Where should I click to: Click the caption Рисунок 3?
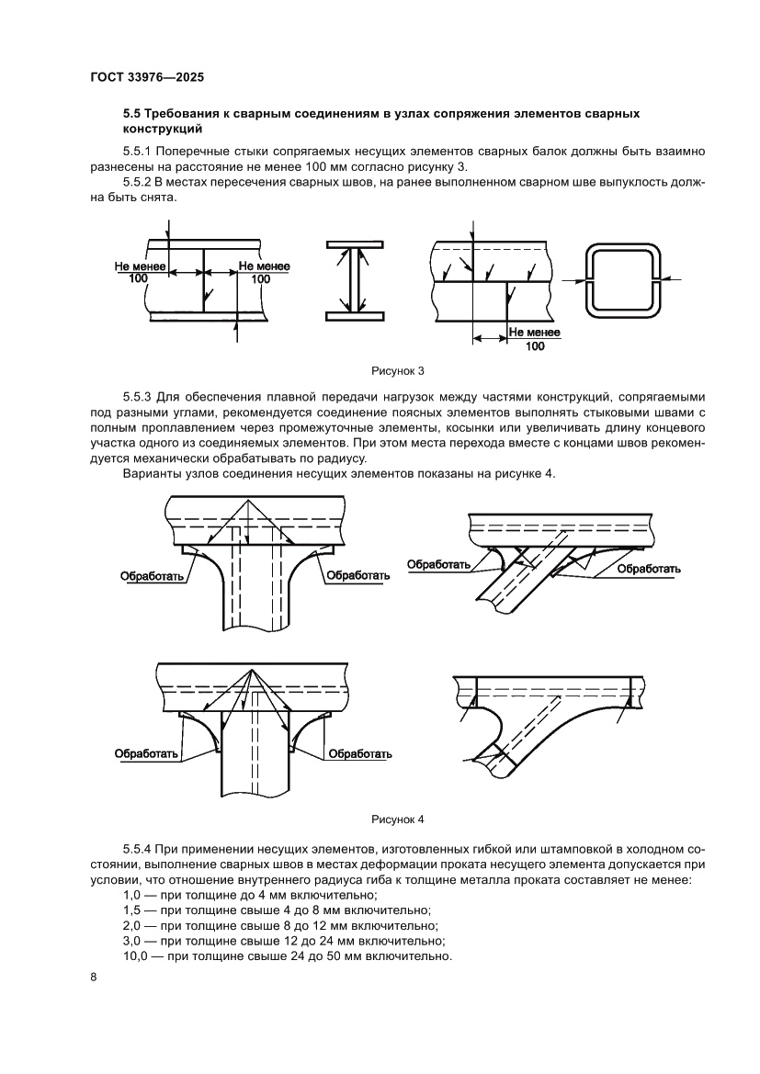[x=397, y=371]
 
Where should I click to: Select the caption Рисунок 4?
[x=397, y=819]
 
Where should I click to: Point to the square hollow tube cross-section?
[x=623, y=279]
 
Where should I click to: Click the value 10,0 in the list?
[x=136, y=956]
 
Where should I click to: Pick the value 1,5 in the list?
[x=132, y=910]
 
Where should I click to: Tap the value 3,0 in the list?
[x=132, y=941]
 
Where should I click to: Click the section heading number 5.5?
[x=133, y=113]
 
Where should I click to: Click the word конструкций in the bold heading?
[x=162, y=129]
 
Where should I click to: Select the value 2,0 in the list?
[x=132, y=925]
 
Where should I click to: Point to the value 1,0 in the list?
[x=132, y=894]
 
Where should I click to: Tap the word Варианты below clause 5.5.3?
[x=151, y=473]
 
